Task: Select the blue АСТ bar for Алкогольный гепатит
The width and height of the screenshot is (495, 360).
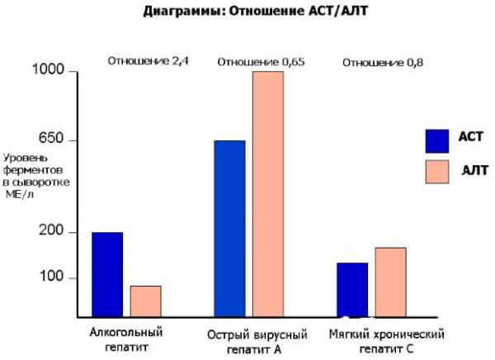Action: point(107,274)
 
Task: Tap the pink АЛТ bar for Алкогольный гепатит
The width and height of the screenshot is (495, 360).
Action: point(145,301)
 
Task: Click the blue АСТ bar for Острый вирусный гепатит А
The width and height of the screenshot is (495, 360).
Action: point(229,228)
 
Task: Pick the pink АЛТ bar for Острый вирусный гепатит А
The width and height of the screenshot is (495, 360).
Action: point(267,193)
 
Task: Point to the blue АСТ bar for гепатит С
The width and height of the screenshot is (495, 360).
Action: point(352,289)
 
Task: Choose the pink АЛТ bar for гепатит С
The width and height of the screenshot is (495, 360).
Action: point(390,282)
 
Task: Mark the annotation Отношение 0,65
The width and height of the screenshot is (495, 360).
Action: point(259,62)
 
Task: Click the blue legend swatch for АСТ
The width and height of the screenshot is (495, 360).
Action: point(437,140)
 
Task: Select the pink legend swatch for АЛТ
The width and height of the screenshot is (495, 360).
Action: point(437,172)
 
